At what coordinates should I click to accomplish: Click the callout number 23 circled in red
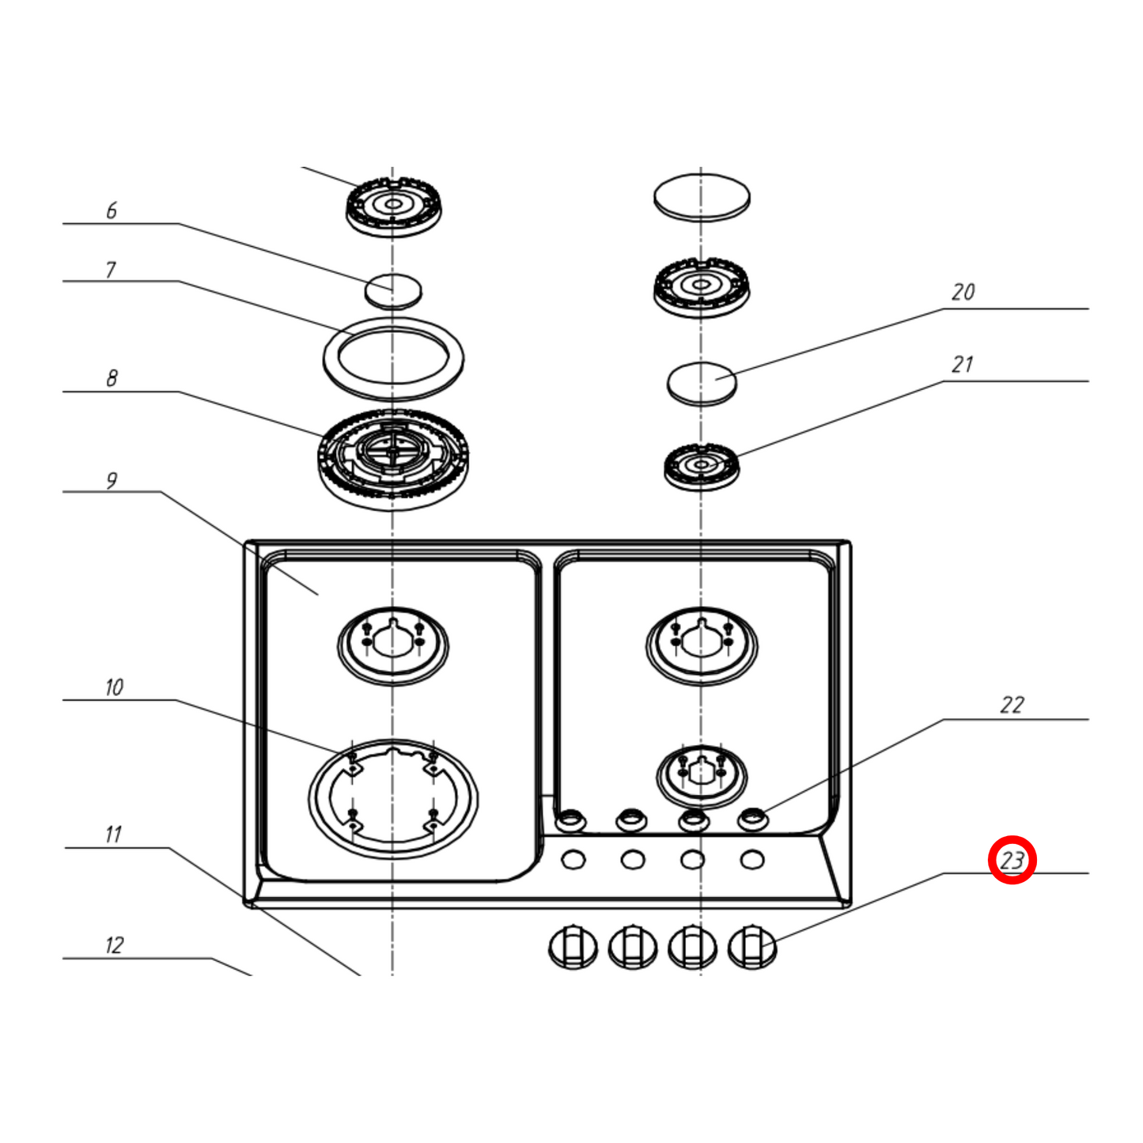[x=1012, y=860]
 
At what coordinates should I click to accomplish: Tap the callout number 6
[x=112, y=210]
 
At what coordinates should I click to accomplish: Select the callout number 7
[x=111, y=270]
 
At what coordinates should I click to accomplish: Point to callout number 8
[x=112, y=378]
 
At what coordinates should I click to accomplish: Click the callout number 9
[x=112, y=480]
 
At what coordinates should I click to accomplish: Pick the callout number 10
[x=114, y=687]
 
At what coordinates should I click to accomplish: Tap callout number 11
[x=113, y=835]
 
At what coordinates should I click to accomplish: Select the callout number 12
[x=114, y=945]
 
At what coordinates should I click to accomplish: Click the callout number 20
[x=963, y=292]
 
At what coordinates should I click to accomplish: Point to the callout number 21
[x=962, y=365]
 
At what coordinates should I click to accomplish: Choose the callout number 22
[x=1012, y=705]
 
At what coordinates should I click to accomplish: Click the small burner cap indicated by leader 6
[x=393, y=290]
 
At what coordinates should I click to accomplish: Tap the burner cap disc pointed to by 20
[x=702, y=383]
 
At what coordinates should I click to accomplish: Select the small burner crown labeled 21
[x=701, y=466]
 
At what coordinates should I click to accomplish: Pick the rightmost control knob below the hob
[x=751, y=947]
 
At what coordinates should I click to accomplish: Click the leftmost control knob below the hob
[x=573, y=947]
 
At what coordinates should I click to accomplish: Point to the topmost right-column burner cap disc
[x=702, y=197]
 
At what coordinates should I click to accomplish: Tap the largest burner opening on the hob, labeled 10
[x=393, y=799]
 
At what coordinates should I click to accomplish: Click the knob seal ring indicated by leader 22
[x=752, y=819]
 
